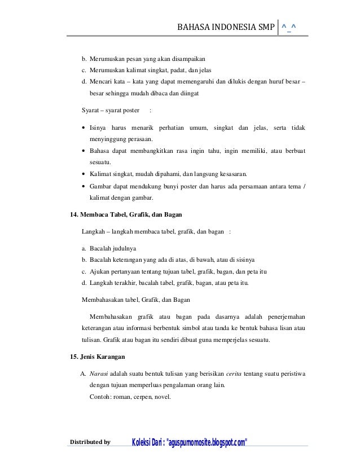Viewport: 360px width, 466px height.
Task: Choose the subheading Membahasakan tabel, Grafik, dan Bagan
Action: click(x=137, y=298)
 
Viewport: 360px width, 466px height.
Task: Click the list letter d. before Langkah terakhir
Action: click(x=84, y=283)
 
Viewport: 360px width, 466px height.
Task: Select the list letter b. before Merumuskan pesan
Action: click(x=84, y=59)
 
